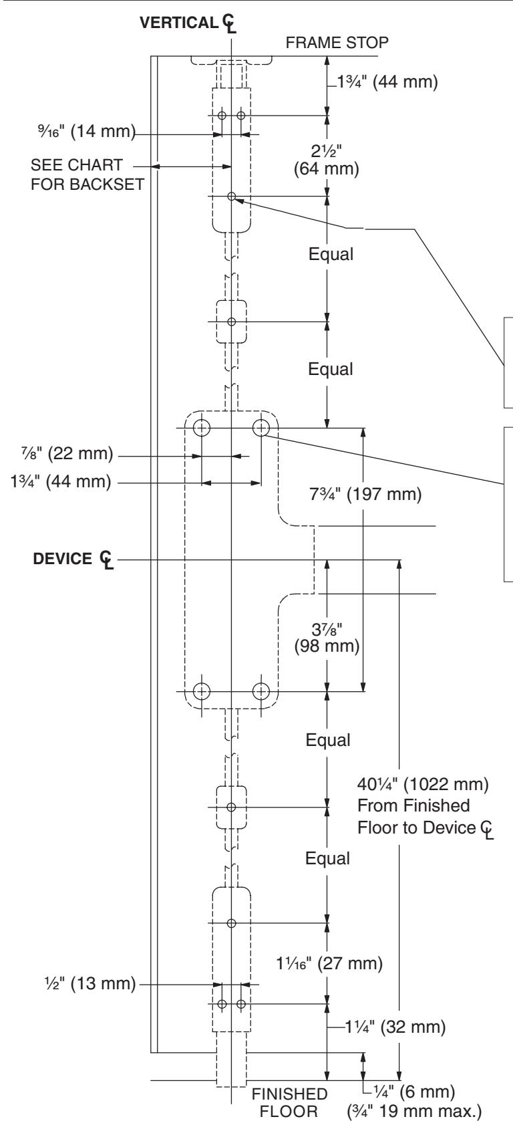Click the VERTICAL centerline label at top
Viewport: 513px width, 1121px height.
[x=188, y=23]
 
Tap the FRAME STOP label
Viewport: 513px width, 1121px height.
[x=337, y=43]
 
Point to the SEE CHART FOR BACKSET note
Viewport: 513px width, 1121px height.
[x=87, y=174]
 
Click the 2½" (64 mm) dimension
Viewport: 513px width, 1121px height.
[x=327, y=160]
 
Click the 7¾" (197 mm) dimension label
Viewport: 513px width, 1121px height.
[x=365, y=494]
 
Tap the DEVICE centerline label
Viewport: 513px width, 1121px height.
[x=73, y=559]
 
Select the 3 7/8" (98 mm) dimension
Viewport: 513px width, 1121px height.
[x=327, y=637]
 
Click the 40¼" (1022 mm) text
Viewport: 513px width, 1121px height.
[x=423, y=783]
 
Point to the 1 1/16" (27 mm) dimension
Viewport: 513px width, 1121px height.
[x=329, y=963]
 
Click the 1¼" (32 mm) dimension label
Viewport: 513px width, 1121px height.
[x=395, y=1027]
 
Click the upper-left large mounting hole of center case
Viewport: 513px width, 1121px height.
[x=202, y=428]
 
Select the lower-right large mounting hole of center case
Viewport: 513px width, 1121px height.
[x=261, y=692]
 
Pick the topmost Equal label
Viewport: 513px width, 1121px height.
[x=331, y=254]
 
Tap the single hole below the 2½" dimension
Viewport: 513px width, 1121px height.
[x=232, y=196]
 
